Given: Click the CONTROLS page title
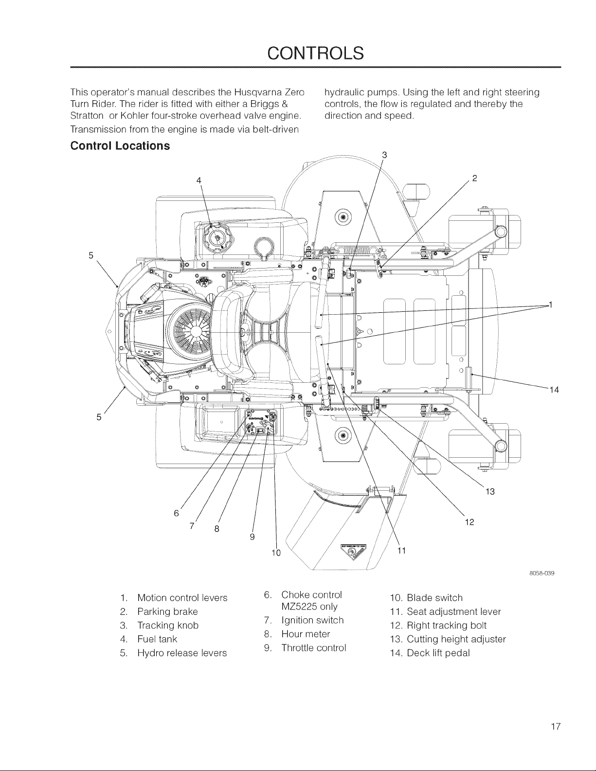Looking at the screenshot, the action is (x=315, y=53).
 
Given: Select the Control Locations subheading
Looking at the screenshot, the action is (x=120, y=146).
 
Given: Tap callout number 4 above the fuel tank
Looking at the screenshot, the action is (x=199, y=180).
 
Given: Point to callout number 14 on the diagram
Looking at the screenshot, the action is (x=554, y=390).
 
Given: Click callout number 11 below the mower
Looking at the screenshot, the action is (x=401, y=550).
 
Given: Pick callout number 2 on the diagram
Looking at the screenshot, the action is (x=475, y=178).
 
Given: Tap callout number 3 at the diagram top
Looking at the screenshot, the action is (x=384, y=155).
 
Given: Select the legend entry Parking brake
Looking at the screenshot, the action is (x=167, y=611).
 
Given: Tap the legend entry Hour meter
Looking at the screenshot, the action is (x=306, y=634).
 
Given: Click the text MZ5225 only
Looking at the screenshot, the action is (x=309, y=607).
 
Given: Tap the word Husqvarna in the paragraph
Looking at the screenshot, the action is (x=255, y=92).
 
